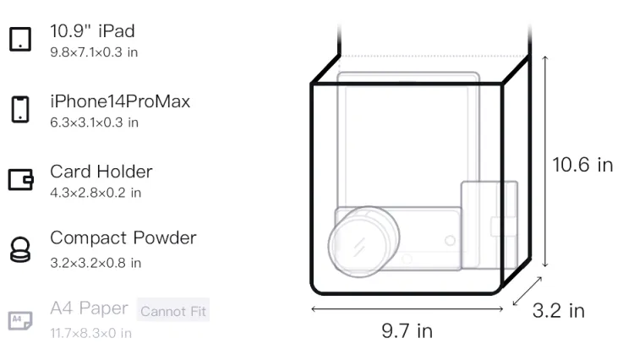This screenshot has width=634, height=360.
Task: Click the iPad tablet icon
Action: [20, 39]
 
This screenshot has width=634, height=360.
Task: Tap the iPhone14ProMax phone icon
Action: [20, 109]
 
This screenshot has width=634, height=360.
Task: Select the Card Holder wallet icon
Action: [20, 179]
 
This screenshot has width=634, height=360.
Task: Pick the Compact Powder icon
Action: [20, 249]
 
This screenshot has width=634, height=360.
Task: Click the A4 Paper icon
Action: [20, 320]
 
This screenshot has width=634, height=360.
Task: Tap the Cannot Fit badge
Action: [173, 311]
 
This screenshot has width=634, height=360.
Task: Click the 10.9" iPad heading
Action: [92, 31]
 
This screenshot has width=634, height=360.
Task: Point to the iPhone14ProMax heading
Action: [120, 101]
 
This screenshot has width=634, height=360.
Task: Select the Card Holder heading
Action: [101, 172]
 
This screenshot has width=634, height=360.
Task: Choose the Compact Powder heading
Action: [123, 238]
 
